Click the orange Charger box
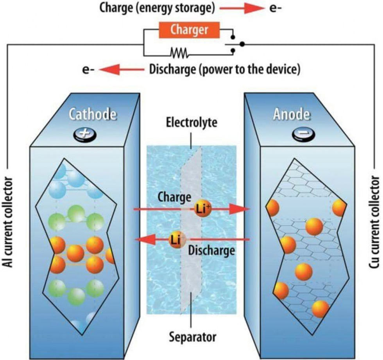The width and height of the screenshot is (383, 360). click(x=189, y=30)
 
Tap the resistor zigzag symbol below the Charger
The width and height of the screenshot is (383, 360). click(x=179, y=52)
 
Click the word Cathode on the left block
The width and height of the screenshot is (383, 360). click(x=93, y=114)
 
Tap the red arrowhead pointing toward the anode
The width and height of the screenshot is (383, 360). click(x=239, y=209)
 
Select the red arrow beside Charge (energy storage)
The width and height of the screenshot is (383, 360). click(x=245, y=9)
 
